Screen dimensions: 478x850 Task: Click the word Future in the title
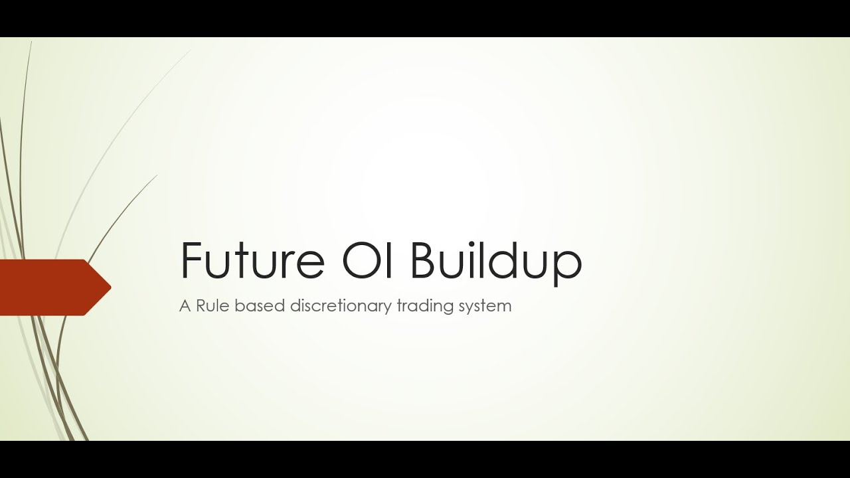click(252, 261)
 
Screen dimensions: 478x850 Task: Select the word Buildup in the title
click(496, 261)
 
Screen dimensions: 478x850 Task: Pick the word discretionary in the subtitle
click(341, 307)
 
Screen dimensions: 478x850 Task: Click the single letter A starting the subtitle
click(185, 306)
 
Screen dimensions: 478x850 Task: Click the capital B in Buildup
click(425, 260)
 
